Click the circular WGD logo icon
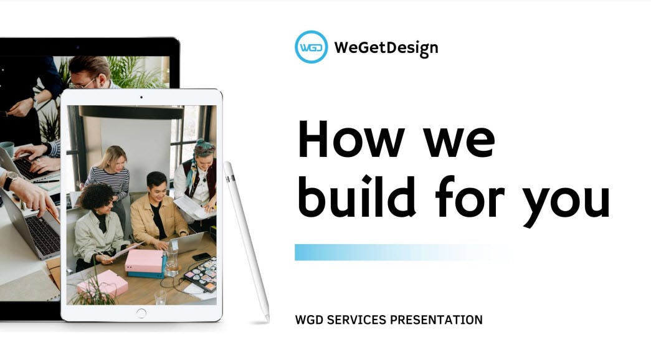(311, 47)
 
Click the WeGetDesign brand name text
(386, 48)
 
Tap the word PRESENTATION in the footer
(436, 320)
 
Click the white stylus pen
(247, 241)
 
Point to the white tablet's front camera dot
(141, 97)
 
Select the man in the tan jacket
(157, 212)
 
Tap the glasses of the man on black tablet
(83, 84)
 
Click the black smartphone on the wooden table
(201, 257)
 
